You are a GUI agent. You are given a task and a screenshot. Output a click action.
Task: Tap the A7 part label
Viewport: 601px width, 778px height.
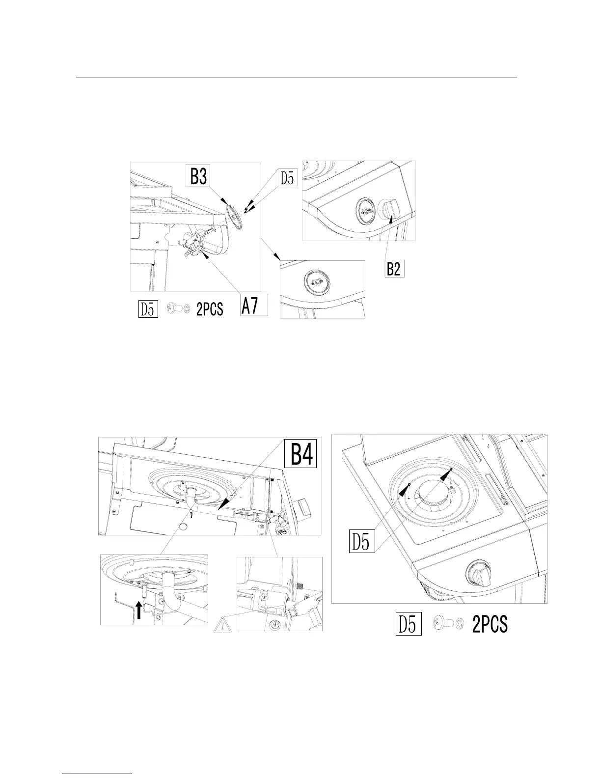[254, 307]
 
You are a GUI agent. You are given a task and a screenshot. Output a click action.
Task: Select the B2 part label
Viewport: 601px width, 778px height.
[394, 269]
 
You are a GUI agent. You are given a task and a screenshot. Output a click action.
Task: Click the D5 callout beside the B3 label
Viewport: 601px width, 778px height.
[289, 178]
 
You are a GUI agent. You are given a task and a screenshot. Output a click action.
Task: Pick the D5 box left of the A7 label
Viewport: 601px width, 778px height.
[147, 310]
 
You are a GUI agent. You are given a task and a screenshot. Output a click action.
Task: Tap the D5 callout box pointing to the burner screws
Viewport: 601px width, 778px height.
[362, 541]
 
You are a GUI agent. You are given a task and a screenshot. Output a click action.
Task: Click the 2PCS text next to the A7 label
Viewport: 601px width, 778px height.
[210, 310]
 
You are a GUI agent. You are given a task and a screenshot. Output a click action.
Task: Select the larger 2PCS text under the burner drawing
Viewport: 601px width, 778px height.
[490, 625]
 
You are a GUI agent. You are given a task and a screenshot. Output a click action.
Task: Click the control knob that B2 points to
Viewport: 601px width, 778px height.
[391, 210]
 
